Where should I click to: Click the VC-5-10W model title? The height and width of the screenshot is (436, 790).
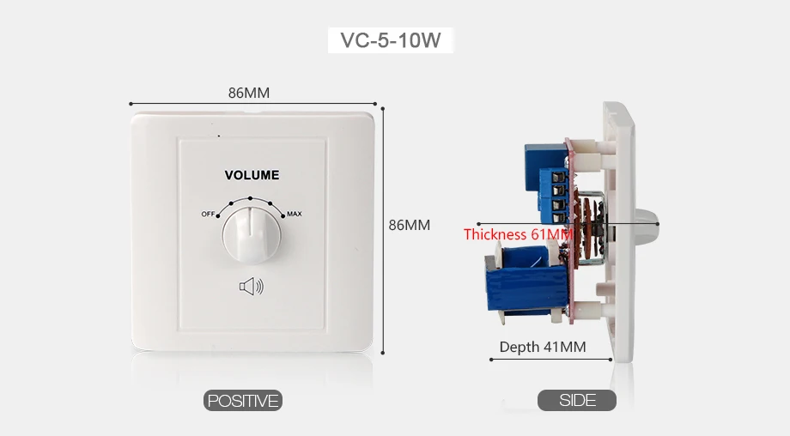coord(391,40)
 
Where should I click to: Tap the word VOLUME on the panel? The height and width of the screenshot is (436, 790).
coord(252,175)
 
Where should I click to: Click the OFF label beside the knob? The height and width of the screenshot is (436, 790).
coord(208,214)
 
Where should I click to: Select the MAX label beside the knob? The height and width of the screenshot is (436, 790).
coord(295,214)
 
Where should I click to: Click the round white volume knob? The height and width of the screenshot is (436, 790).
coord(252,234)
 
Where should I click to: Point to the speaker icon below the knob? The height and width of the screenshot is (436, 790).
coord(252,287)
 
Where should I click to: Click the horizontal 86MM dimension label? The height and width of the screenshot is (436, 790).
coord(249,93)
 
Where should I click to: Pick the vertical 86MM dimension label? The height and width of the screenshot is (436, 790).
coord(409,225)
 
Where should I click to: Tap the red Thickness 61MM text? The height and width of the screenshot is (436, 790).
coord(518,234)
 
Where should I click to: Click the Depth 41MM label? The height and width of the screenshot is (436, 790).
coord(543,347)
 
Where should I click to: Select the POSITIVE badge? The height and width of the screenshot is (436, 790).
coord(243,401)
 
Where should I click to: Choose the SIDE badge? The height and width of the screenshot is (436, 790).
coord(577,400)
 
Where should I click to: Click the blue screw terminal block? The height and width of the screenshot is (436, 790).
coord(554,197)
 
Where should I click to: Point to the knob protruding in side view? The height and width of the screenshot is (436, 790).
coord(644,225)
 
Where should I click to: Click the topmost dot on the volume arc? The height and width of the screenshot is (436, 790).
coord(251,198)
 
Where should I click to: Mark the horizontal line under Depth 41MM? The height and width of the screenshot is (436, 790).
coord(551,360)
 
